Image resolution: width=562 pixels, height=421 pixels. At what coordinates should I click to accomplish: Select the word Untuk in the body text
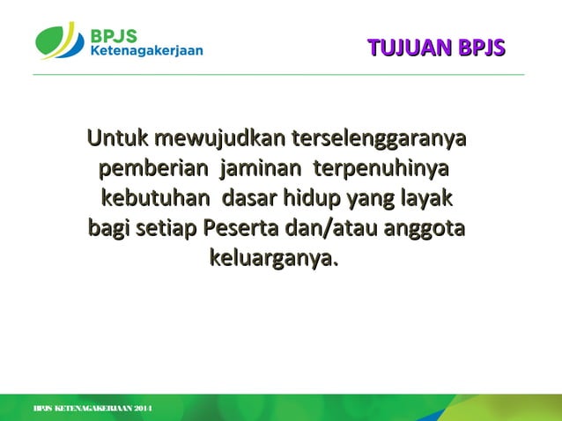click(x=117, y=139)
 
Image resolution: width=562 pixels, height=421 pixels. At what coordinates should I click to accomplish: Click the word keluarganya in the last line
click(x=272, y=259)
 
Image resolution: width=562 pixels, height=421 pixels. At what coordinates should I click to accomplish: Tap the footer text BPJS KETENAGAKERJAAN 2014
click(x=92, y=410)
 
